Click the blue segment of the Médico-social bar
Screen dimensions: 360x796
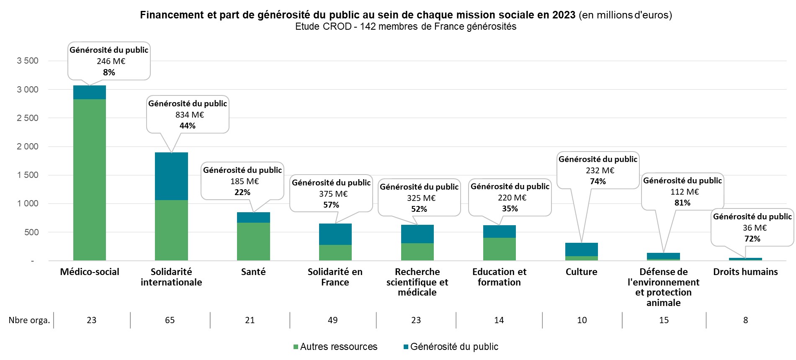[x=90, y=92]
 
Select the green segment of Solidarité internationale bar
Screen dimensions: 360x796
[x=171, y=230]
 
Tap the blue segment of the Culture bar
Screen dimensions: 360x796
[x=581, y=249]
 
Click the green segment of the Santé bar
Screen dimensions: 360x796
[x=253, y=242]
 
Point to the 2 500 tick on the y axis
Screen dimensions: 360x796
[x=28, y=118]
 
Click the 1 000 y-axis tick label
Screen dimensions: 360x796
[x=28, y=203]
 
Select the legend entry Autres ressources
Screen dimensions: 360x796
[x=338, y=347]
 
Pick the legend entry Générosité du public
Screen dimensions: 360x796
[x=454, y=347]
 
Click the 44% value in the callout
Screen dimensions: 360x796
[x=187, y=126]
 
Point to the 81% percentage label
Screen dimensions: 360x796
[x=682, y=203]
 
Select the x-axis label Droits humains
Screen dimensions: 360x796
[x=745, y=272]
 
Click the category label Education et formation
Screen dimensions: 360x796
[x=499, y=277]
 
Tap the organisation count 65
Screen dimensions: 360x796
[x=170, y=320]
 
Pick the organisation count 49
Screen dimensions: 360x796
[x=332, y=320]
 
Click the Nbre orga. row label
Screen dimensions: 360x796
[x=29, y=320]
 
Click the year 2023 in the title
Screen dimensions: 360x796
[x=563, y=15]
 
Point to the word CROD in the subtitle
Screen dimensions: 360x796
[x=337, y=27]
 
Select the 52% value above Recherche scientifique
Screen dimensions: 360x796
[x=419, y=209]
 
